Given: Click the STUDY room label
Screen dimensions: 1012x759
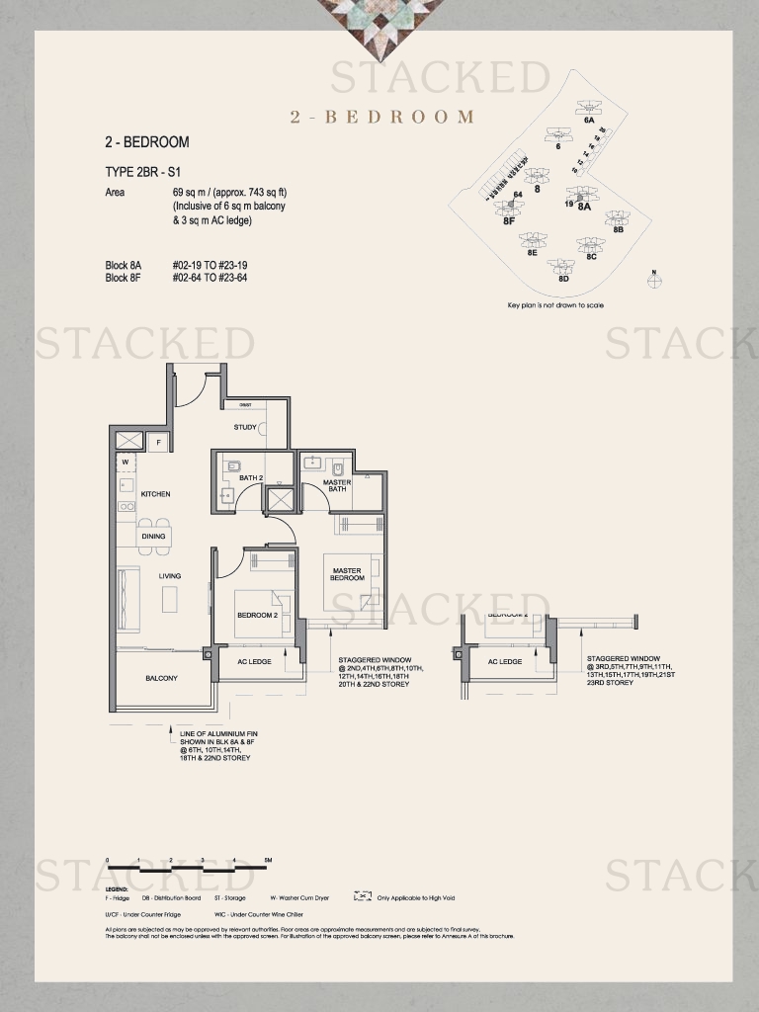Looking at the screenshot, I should click(x=245, y=428).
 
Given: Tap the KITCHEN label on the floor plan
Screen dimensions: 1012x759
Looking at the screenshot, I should click(x=155, y=494).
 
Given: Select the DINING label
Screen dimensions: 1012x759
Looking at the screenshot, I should click(x=153, y=537).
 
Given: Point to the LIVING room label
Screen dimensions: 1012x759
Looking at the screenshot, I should click(x=170, y=576).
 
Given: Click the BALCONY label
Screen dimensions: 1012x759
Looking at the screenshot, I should click(x=161, y=678).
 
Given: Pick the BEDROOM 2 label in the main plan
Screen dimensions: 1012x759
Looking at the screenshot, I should click(x=257, y=616).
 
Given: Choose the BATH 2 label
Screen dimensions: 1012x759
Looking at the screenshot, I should click(x=251, y=478).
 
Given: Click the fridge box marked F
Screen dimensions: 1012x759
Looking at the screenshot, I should click(x=158, y=442).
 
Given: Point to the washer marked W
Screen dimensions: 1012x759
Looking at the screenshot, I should click(x=126, y=462).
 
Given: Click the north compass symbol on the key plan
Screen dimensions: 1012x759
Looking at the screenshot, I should click(x=653, y=279).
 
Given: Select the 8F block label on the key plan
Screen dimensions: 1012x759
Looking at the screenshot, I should click(x=508, y=221).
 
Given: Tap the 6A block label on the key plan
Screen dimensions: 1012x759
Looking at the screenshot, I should click(x=589, y=120).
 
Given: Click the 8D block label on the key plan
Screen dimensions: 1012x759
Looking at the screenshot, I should click(x=563, y=279).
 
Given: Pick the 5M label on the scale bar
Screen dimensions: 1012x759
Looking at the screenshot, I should click(x=268, y=861).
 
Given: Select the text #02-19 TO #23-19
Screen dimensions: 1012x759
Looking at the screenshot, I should click(x=210, y=266).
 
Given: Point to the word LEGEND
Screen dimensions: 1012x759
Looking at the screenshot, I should click(x=117, y=888).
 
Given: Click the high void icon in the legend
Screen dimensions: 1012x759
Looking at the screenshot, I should click(x=362, y=897).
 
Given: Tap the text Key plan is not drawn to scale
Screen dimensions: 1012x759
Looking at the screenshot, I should click(x=555, y=305).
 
